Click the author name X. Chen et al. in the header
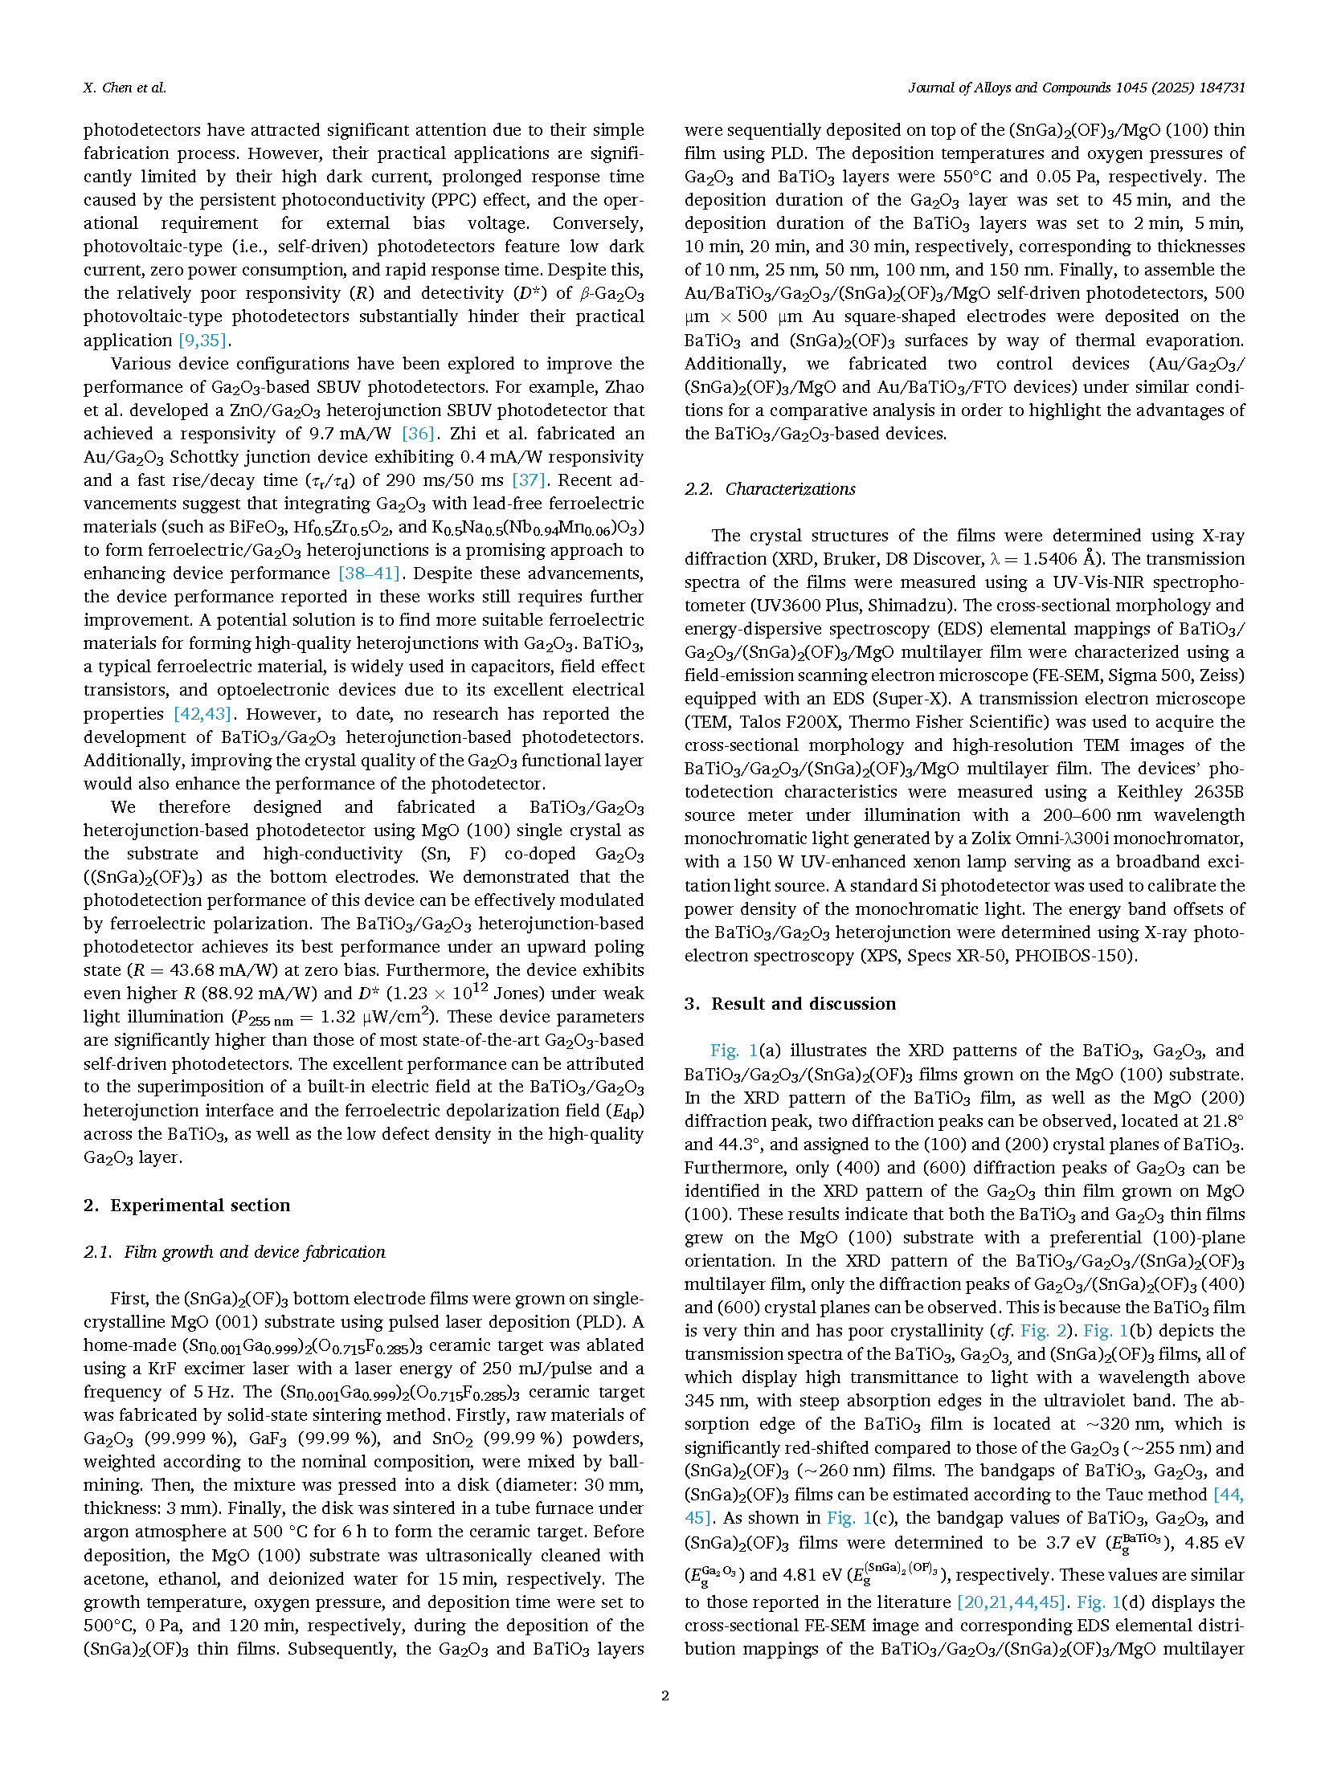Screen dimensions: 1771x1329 coord(125,88)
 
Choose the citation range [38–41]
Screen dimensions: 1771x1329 coord(369,573)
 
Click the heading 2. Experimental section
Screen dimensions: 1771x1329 coord(186,1205)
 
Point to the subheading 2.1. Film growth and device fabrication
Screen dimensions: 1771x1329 coord(235,1251)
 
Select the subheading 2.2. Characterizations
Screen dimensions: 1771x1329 coord(770,488)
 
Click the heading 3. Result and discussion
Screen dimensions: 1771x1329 coord(790,1003)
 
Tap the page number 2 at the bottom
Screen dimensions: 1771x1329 coord(664,1696)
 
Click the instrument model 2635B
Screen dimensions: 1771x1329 coord(1218,792)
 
